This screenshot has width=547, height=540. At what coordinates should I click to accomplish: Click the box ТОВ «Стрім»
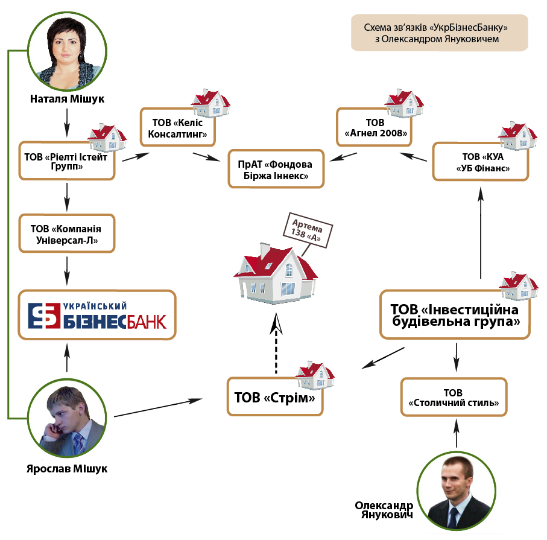coord(275,397)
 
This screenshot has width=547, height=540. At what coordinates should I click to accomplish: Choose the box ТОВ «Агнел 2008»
coord(374,127)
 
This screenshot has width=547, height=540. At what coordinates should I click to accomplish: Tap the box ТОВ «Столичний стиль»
coord(454,397)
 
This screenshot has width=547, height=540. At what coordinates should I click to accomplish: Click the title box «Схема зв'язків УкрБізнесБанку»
coord(440,33)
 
